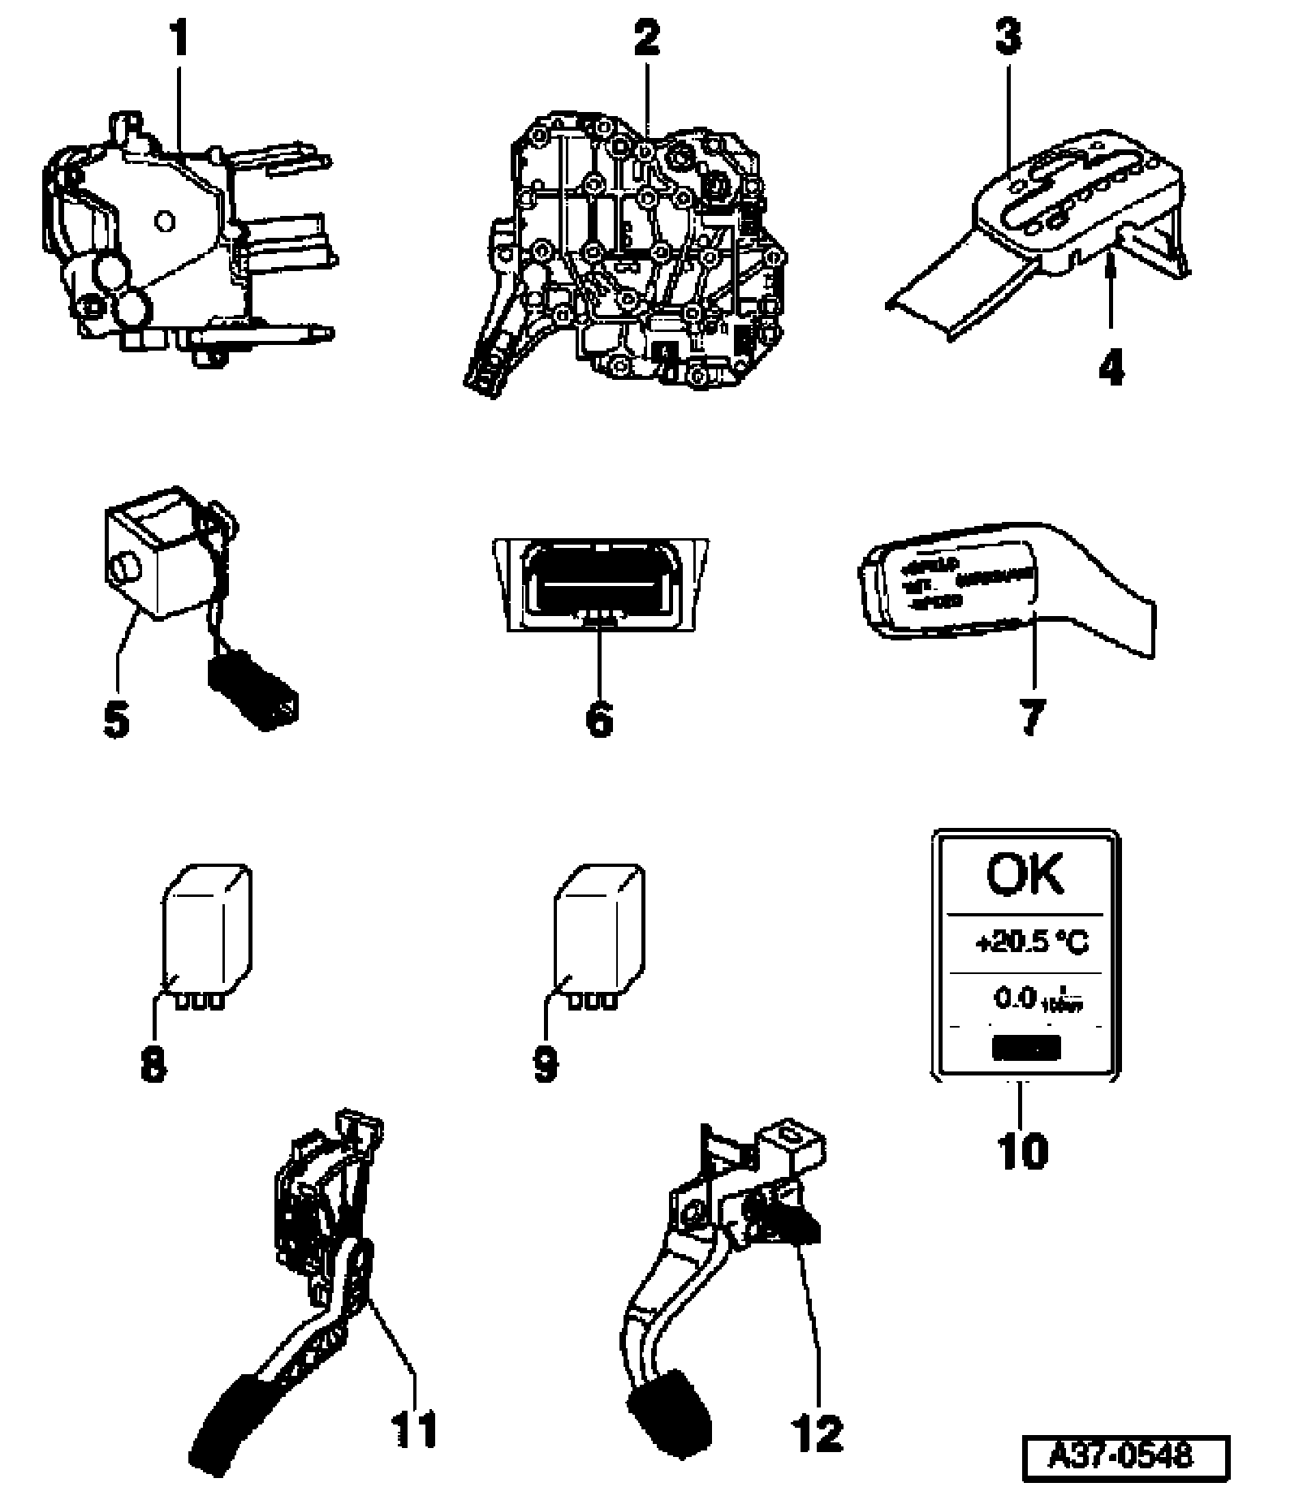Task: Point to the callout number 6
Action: (599, 718)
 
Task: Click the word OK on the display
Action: (1024, 874)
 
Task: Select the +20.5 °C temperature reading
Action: (1031, 943)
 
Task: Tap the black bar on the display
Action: (1026, 1048)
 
